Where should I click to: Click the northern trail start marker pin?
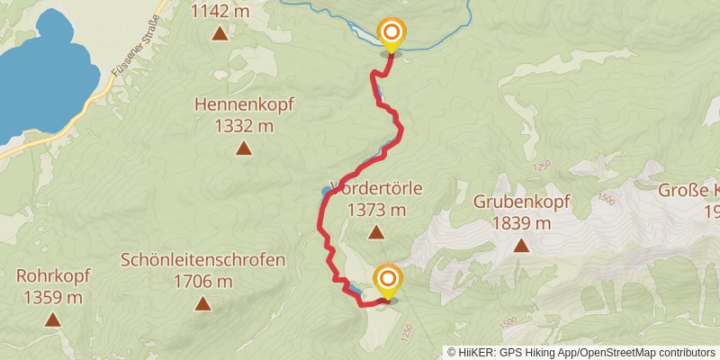click(391, 35)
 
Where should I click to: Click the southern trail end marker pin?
click(388, 281)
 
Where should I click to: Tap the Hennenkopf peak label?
click(244, 104)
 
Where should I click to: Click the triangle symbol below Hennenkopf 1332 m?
click(243, 148)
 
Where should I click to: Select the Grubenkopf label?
click(521, 201)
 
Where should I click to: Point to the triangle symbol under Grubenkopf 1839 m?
click(521, 245)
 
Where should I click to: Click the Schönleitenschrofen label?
click(203, 261)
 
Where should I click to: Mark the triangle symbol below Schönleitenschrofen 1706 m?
click(203, 304)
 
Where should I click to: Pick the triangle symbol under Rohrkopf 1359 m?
click(53, 319)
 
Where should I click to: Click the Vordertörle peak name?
click(377, 189)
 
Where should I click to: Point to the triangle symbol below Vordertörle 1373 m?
click(376, 233)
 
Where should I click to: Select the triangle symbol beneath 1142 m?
click(220, 34)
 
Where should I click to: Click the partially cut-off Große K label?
click(690, 190)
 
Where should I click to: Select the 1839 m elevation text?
click(521, 223)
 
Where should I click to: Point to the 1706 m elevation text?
click(203, 283)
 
